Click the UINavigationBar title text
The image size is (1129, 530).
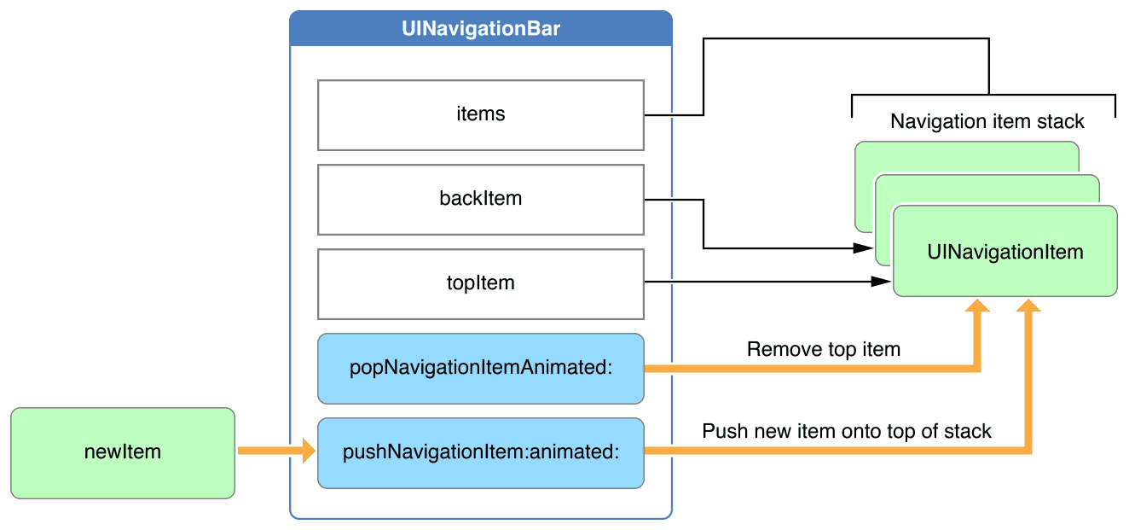pos(480,28)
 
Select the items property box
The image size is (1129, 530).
pos(481,115)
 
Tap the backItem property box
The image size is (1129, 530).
pos(481,200)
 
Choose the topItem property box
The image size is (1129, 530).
pos(481,284)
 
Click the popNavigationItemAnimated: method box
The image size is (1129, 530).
pos(481,369)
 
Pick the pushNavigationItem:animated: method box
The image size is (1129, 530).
pos(481,453)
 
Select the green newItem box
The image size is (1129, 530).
pos(123,453)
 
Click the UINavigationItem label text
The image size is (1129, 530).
pos(1005,252)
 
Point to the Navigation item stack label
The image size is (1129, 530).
pos(987,121)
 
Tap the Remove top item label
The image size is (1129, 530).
pos(824,349)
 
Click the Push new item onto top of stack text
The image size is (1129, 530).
pos(846,431)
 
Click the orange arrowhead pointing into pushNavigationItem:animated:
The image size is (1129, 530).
pos(309,451)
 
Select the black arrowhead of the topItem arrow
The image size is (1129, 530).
pos(881,282)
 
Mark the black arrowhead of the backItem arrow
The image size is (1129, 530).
pos(863,248)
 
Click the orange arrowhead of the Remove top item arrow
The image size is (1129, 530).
pos(977,306)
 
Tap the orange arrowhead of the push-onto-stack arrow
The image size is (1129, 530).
pos(1028,306)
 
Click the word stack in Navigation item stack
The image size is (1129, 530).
pos(1061,121)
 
